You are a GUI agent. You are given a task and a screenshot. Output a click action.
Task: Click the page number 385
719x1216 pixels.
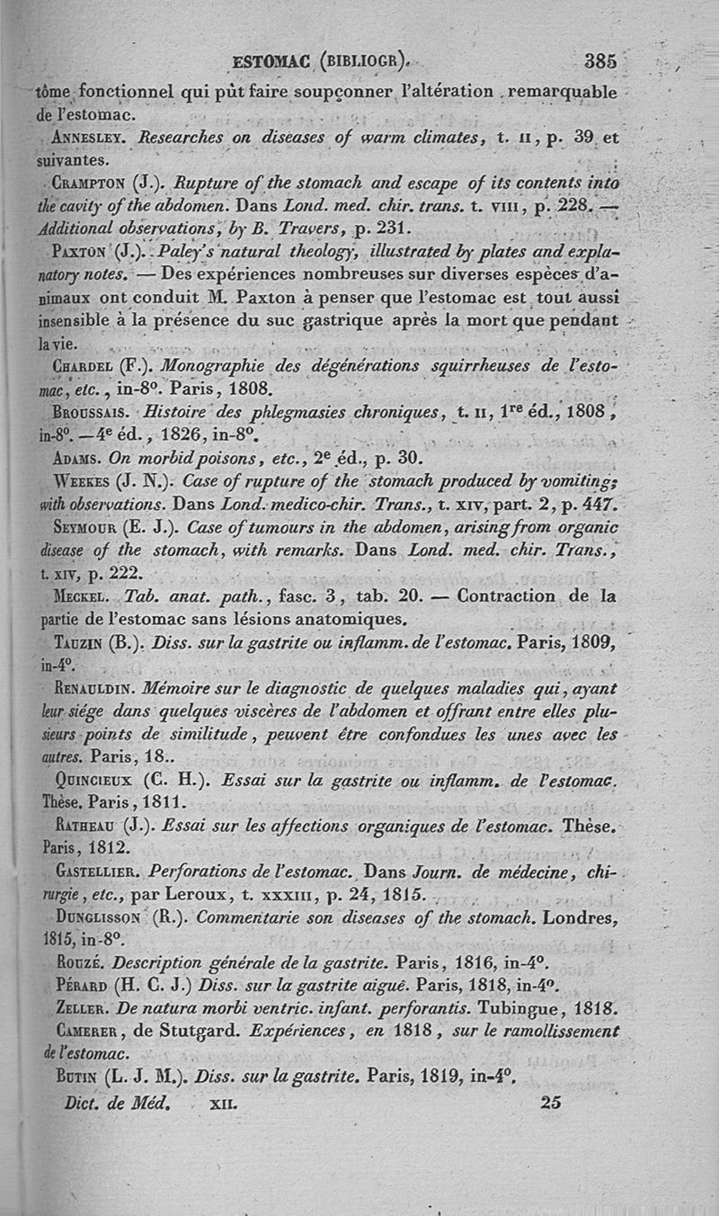[599, 62]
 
